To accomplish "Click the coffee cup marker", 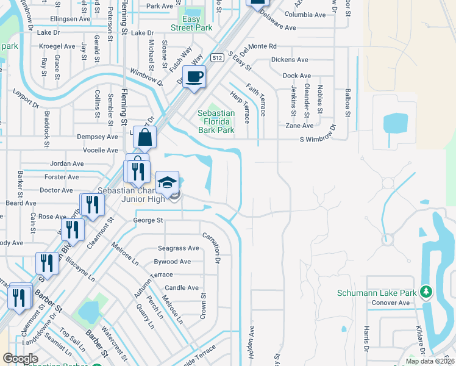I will pos(194,77).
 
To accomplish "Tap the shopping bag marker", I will pos(145,138).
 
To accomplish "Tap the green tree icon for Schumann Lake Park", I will pos(426,293).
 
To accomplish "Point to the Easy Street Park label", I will pos(191,24).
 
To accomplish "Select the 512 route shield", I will pos(216,57).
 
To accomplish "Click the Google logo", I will pos(20,359).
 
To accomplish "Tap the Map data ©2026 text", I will pos(430,361).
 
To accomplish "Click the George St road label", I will pos(148,220).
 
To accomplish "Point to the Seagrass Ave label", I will pos(179,248).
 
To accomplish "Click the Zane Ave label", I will pos(299,126).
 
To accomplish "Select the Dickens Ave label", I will pos(290,60).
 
